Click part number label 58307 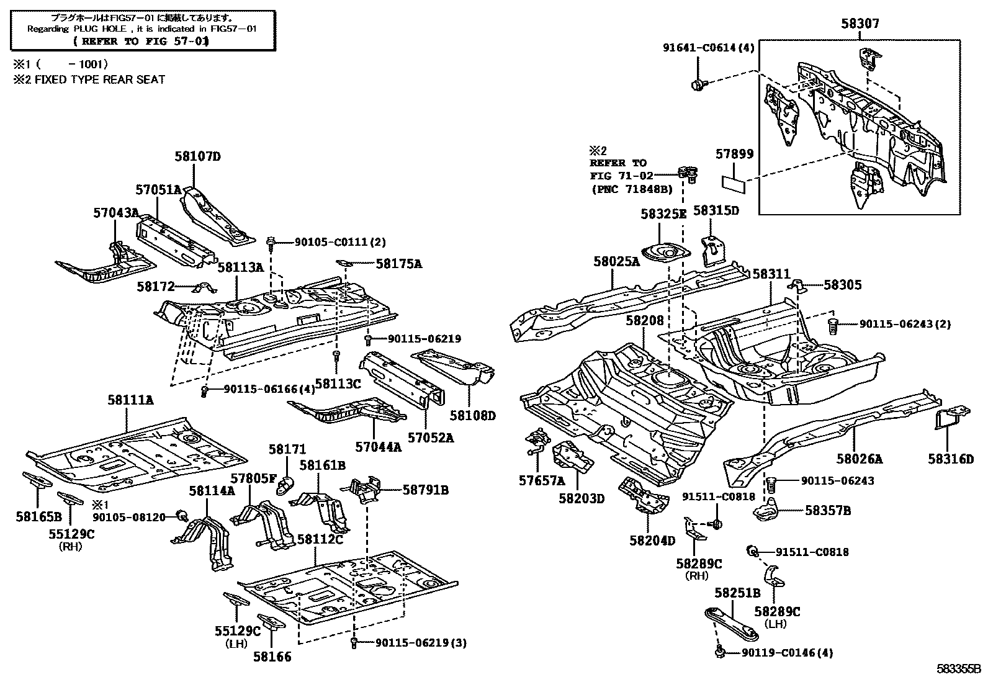tap(860, 24)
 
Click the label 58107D tap(197, 156)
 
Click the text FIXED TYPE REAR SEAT tap(99, 79)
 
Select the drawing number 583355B tap(958, 670)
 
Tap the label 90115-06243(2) tap(904, 324)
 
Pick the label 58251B tap(737, 593)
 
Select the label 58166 tap(272, 656)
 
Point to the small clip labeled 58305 tap(797, 285)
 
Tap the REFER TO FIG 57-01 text tap(141, 42)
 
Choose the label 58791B tap(425, 490)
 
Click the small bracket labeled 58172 tap(205, 289)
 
